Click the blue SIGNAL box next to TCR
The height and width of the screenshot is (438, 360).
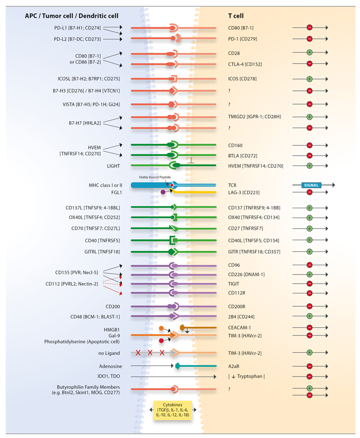[x=311, y=185]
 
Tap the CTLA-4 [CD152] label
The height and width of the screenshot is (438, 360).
[x=245, y=64]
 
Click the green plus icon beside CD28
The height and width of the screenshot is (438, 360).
[x=310, y=54]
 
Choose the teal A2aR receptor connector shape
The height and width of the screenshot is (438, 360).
[x=178, y=366]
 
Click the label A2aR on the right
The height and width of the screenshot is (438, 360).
[x=235, y=366]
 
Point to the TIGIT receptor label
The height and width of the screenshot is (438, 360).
[x=234, y=283]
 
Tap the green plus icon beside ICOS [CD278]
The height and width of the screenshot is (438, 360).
[x=310, y=79]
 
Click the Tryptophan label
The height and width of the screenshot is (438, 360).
[x=249, y=377]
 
